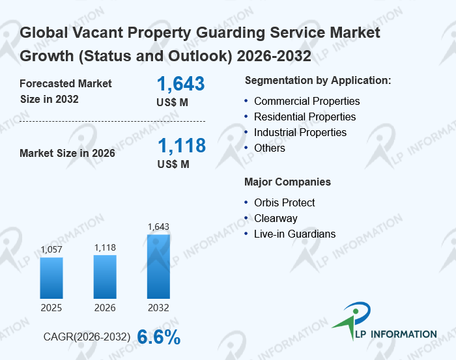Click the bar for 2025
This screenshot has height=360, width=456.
[51, 278]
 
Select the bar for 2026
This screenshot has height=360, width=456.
[105, 277]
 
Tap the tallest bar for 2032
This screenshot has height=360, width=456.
[158, 266]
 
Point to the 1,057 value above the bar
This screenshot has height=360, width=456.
[51, 249]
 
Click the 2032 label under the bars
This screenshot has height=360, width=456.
[158, 307]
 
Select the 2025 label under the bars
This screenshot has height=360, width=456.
[51, 307]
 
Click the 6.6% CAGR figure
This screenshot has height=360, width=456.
[159, 337]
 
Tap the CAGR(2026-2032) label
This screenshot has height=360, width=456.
[87, 337]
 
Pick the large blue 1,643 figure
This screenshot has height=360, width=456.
[181, 84]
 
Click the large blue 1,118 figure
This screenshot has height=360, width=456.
[181, 145]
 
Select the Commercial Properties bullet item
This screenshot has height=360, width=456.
[306, 101]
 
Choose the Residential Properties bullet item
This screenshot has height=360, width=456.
[304, 117]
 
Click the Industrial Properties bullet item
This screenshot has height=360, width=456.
[300, 132]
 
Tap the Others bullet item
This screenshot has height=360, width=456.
[269, 148]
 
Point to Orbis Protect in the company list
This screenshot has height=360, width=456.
[284, 202]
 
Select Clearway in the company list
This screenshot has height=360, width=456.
[276, 218]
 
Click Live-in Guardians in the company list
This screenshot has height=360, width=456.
[294, 234]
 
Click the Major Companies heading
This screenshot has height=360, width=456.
[287, 182]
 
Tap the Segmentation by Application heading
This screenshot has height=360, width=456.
[317, 80]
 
